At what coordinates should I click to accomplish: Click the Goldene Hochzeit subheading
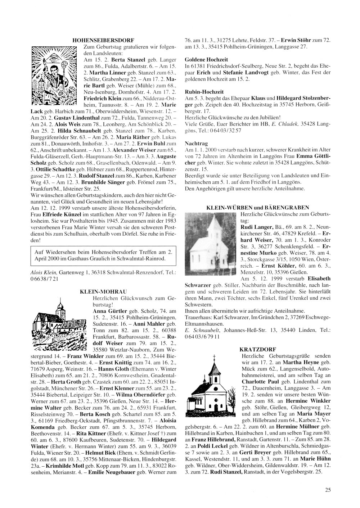click(201, 59)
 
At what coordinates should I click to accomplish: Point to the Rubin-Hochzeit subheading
click(199, 92)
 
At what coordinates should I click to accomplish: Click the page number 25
click(328, 489)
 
